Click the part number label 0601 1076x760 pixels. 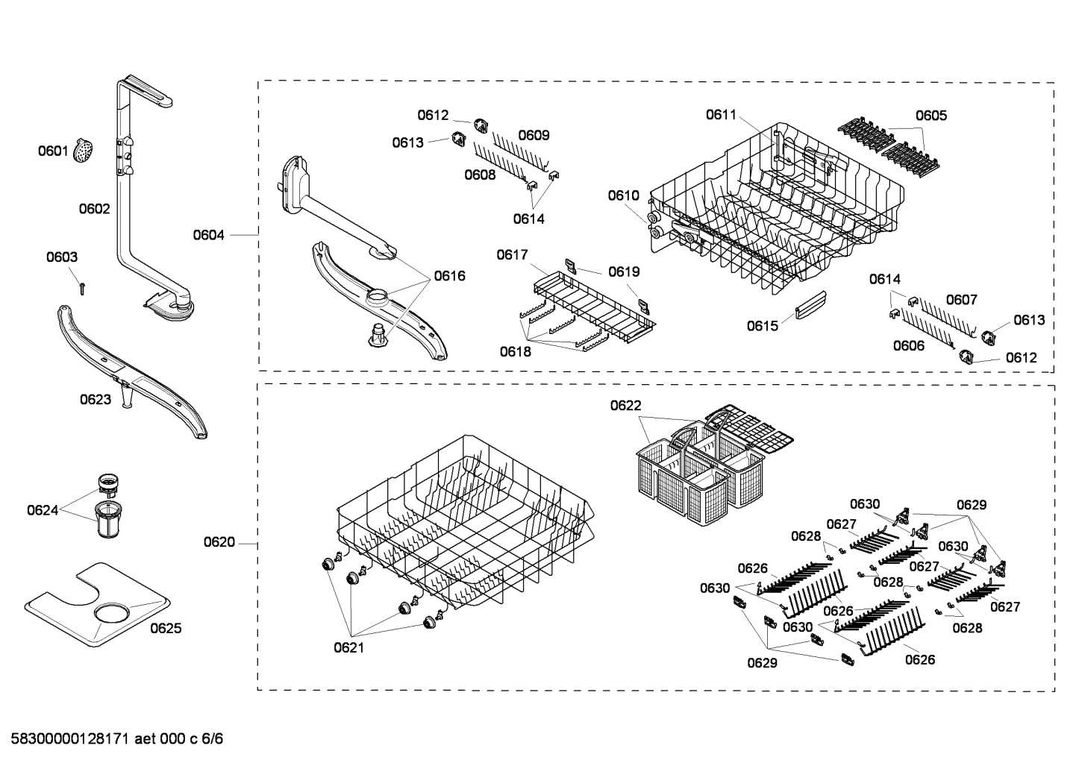click(x=53, y=151)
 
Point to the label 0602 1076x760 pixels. click(x=94, y=209)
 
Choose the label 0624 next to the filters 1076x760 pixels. click(x=43, y=510)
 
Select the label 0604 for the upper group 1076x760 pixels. click(x=208, y=235)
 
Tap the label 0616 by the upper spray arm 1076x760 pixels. click(x=449, y=276)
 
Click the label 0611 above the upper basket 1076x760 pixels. click(x=721, y=115)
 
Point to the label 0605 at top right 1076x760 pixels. click(x=931, y=115)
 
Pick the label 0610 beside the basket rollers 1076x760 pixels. click(x=623, y=195)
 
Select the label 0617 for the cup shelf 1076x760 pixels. click(x=513, y=255)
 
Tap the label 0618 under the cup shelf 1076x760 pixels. click(x=515, y=351)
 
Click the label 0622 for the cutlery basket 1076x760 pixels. click(x=625, y=405)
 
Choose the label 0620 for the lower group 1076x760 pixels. click(x=219, y=542)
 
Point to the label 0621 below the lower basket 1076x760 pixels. click(x=348, y=647)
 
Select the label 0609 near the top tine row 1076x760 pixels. click(x=534, y=135)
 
